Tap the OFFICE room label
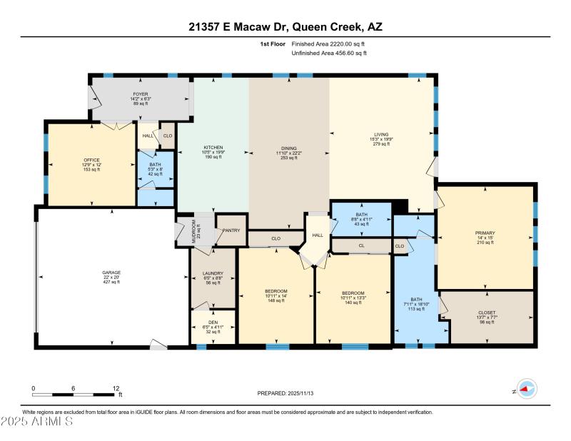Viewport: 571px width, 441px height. tap(91, 160)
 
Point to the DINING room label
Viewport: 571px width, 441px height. tap(289, 148)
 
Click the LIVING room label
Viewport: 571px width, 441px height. tap(382, 133)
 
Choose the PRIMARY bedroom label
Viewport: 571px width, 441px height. tap(485, 233)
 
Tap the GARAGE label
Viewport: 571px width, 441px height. tap(111, 273)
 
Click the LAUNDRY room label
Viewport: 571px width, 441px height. tap(213, 273)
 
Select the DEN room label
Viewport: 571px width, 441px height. tap(213, 323)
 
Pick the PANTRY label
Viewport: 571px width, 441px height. tap(231, 230)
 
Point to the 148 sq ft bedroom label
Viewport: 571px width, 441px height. tap(276, 291)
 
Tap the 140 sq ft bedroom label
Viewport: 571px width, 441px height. tap(353, 293)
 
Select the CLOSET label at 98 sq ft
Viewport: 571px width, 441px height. tap(487, 312)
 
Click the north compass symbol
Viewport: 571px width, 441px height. tap(526, 390)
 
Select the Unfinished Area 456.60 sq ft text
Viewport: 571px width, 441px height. tap(329, 53)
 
